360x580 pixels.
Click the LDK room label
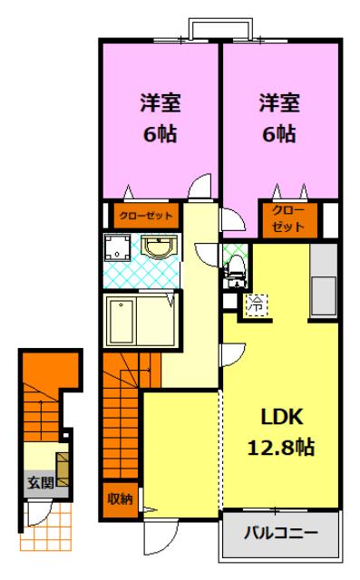(x=282, y=417)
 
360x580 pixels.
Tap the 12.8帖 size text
(x=281, y=447)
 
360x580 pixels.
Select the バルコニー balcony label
(x=281, y=533)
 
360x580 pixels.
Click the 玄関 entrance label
(x=41, y=482)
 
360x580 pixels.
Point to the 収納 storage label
(x=120, y=499)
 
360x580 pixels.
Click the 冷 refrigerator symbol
(x=256, y=304)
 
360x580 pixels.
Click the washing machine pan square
(x=117, y=246)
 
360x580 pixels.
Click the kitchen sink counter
(x=324, y=280)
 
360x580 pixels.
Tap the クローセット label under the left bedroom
(x=146, y=216)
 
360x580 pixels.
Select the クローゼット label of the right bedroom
(x=288, y=218)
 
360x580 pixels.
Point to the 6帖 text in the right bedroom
(x=279, y=133)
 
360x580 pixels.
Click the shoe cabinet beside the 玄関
(x=63, y=469)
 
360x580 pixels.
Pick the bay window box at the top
(x=221, y=29)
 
